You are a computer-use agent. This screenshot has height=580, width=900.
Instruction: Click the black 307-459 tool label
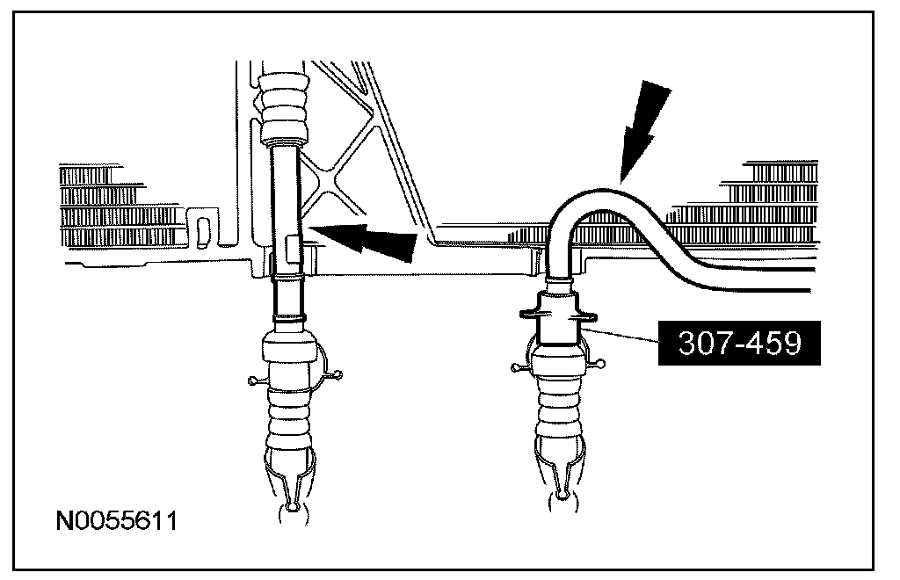click(739, 343)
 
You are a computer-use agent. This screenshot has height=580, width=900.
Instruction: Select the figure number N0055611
click(117, 521)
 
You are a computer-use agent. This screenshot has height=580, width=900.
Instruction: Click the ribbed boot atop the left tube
click(284, 105)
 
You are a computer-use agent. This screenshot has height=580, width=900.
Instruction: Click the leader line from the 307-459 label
click(619, 333)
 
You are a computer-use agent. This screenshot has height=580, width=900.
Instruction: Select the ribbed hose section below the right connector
click(557, 422)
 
